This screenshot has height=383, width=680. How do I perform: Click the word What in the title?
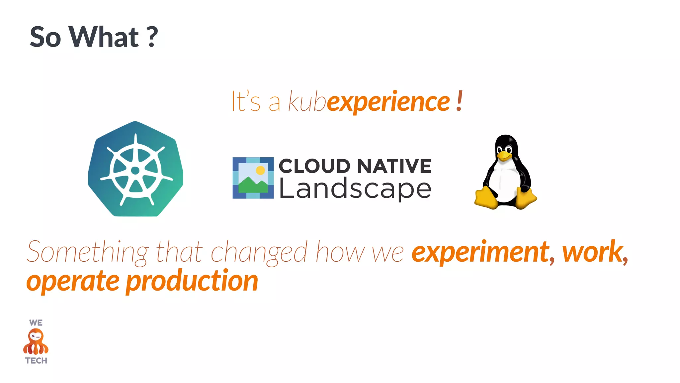[104, 37]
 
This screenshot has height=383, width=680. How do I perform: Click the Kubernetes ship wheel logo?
[135, 169]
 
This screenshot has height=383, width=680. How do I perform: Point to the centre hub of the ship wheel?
[135, 171]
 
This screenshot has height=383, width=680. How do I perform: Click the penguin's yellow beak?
[504, 155]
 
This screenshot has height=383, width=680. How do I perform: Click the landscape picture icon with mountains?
[253, 178]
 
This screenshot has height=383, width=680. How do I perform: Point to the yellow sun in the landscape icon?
[261, 170]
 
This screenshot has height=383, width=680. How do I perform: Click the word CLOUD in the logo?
[314, 166]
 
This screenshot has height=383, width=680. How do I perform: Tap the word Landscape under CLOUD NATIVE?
[355, 189]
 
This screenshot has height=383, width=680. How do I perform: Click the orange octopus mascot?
[36, 341]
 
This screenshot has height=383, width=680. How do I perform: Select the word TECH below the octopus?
[36, 361]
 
